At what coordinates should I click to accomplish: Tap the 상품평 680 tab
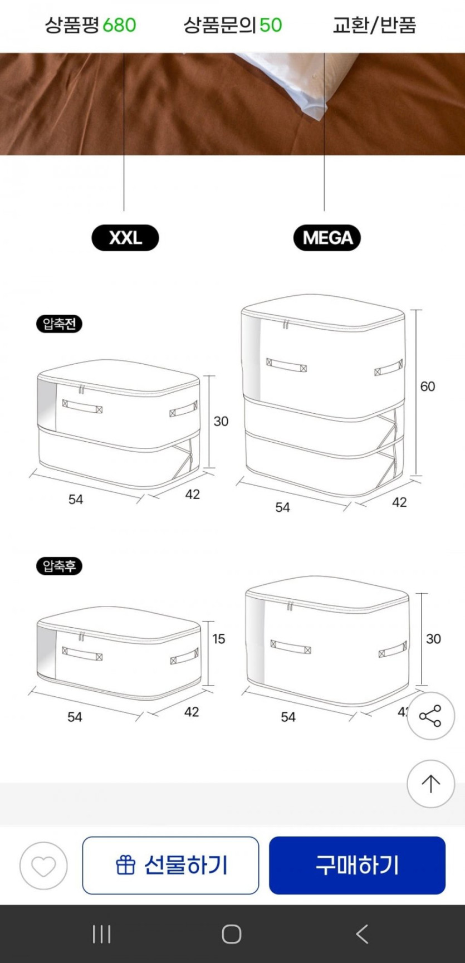90,25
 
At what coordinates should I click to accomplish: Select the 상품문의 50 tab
233,25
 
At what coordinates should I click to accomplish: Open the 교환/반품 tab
374,25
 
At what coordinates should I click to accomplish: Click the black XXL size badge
125,238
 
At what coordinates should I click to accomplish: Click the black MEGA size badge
327,238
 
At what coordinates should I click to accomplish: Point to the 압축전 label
59,324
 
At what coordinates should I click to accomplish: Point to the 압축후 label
59,566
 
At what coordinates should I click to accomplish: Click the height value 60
428,386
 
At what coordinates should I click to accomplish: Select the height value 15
218,638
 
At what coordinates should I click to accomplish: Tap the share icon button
430,716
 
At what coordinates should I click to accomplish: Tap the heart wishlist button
43,866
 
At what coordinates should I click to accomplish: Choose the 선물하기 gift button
170,866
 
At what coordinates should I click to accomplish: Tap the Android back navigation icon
362,934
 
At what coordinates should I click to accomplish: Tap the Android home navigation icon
232,934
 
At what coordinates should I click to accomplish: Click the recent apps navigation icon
101,934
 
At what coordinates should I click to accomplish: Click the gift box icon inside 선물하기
125,866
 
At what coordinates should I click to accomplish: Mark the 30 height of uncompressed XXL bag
221,421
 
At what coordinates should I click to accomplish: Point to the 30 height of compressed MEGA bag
433,638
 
